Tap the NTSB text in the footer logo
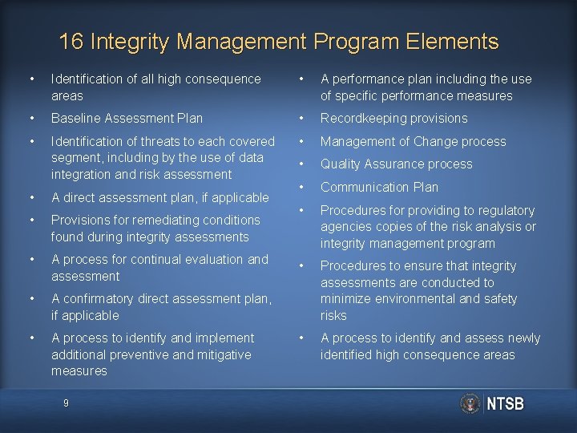[x=505, y=404]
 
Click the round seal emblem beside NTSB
[x=470, y=404]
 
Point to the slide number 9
[x=67, y=403]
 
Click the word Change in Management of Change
[x=442, y=141]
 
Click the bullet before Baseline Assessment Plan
[x=31, y=118]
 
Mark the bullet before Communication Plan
[x=301, y=187]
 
